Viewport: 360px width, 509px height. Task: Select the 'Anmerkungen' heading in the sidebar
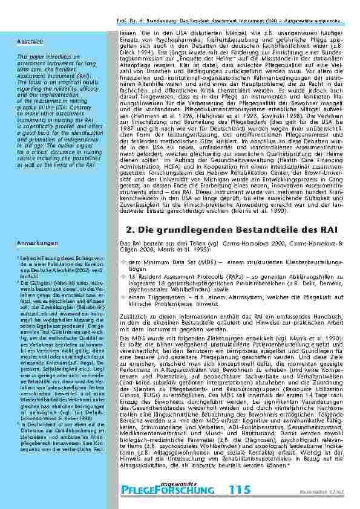click(36, 243)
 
